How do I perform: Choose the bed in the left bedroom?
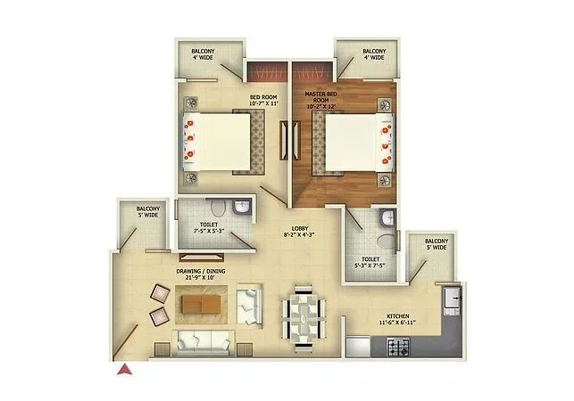217,142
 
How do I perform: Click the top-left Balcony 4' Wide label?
203,56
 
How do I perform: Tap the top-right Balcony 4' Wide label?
373,56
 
